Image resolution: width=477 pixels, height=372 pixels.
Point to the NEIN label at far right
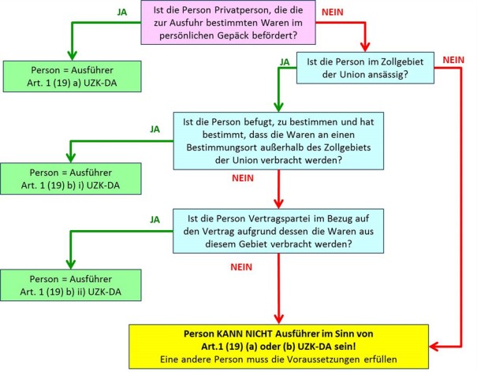[454, 58]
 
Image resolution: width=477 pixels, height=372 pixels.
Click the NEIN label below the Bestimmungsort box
[244, 178]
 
